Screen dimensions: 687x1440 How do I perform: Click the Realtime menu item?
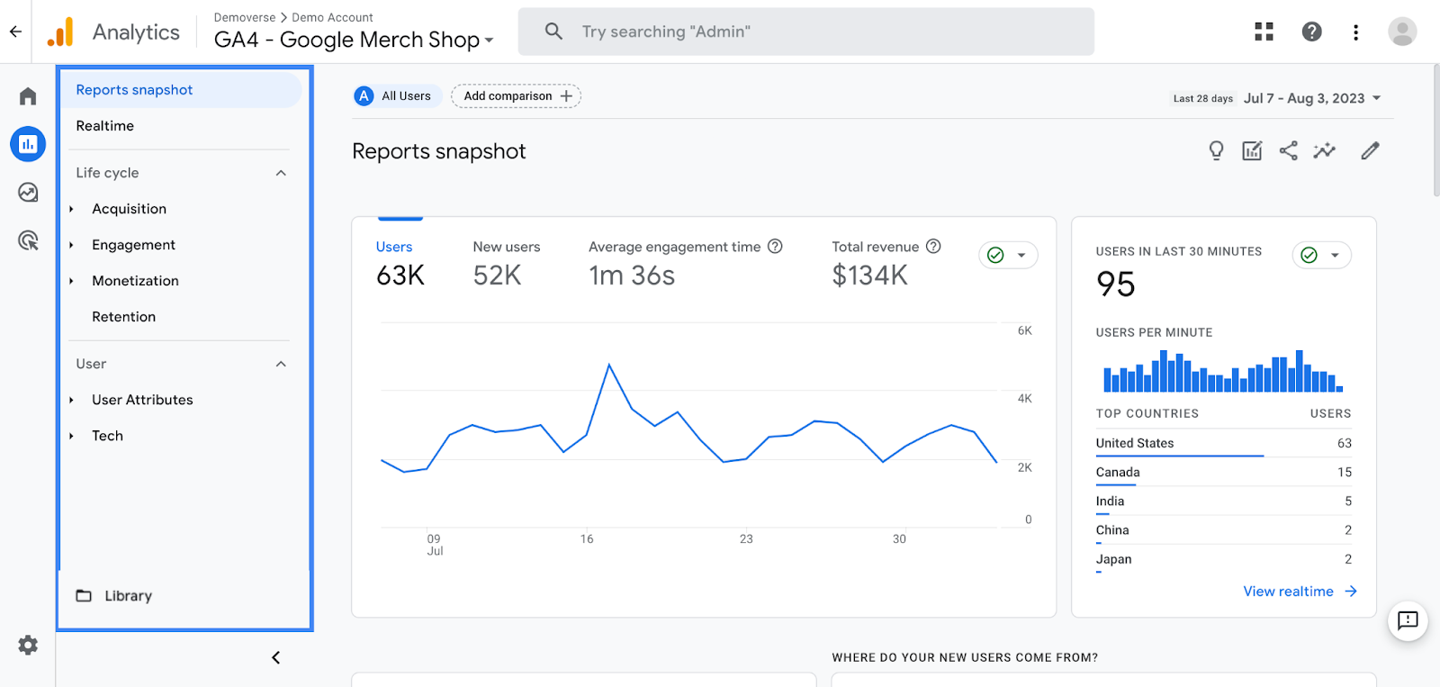pyautogui.click(x=105, y=126)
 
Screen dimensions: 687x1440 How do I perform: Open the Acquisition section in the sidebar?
pyautogui.click(x=129, y=209)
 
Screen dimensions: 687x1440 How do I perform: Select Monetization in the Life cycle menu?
pyautogui.click(x=135, y=281)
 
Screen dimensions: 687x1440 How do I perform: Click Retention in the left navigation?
pyautogui.click(x=123, y=317)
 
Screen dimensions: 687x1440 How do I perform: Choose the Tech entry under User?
pyautogui.click(x=107, y=436)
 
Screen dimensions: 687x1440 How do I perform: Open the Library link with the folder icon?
pyautogui.click(x=127, y=596)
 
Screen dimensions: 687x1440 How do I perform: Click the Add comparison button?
pyautogui.click(x=517, y=96)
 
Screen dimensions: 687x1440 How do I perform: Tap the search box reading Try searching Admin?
pyautogui.click(x=805, y=32)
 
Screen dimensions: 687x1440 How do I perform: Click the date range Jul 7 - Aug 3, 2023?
pyautogui.click(x=1304, y=98)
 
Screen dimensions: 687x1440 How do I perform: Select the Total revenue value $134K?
pyautogui.click(x=869, y=276)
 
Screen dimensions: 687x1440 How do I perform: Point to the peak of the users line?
pyautogui.click(x=609, y=365)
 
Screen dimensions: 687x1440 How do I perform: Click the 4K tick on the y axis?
pyautogui.click(x=1024, y=398)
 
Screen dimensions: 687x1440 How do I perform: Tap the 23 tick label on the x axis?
pyautogui.click(x=746, y=538)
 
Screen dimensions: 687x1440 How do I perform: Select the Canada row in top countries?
pyautogui.click(x=1118, y=472)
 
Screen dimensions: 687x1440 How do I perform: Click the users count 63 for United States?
pyautogui.click(x=1344, y=443)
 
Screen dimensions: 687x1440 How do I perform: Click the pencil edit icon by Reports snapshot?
pyautogui.click(x=1370, y=151)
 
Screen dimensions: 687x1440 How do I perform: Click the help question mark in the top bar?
pyautogui.click(x=1311, y=32)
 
